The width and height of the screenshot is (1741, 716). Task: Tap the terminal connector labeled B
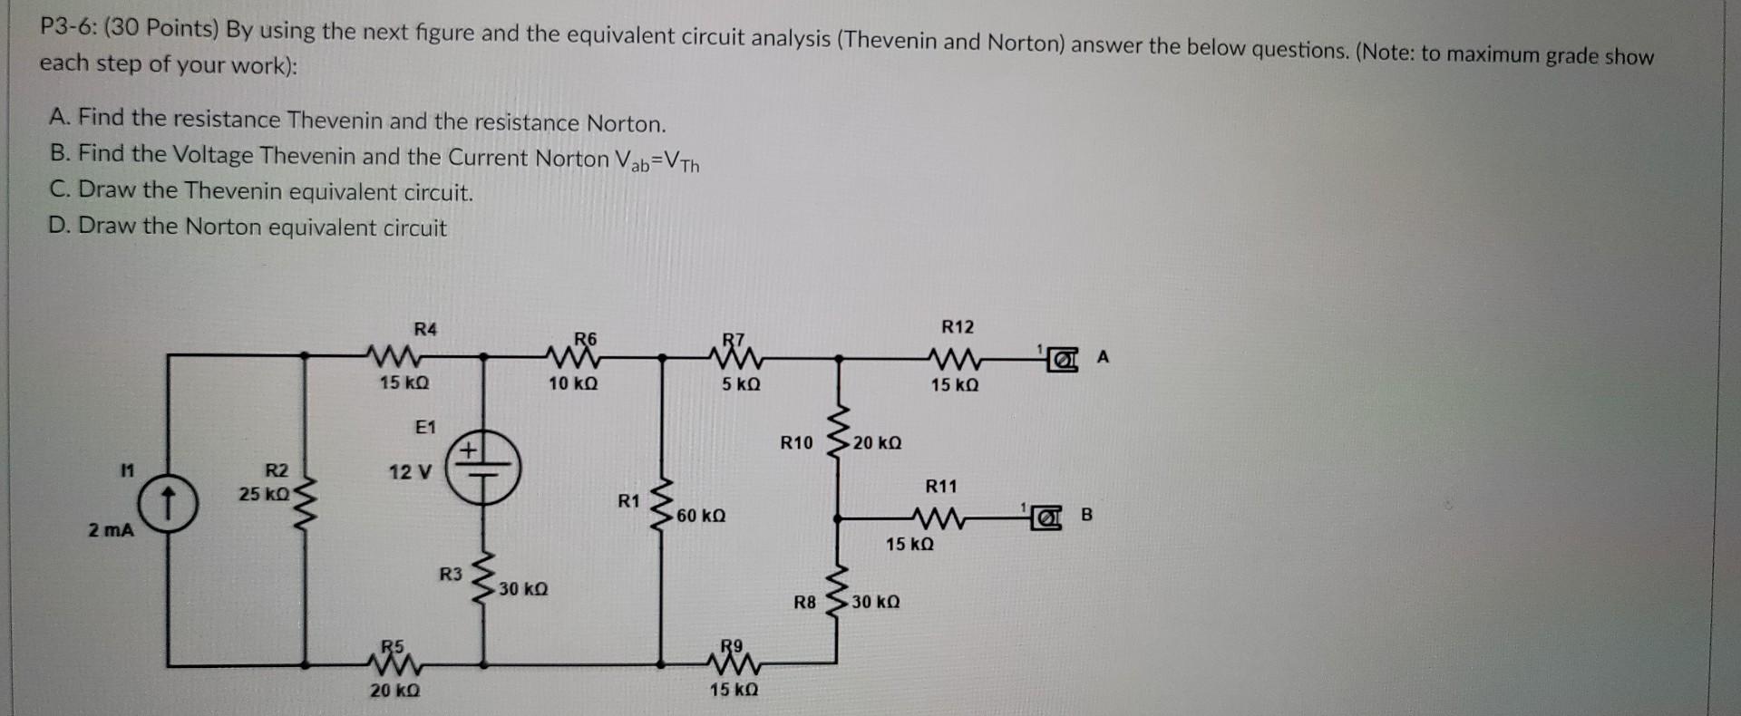[1047, 518]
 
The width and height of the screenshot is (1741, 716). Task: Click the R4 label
[424, 329]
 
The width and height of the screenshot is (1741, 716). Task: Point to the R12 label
[957, 326]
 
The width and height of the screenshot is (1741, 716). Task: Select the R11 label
[940, 487]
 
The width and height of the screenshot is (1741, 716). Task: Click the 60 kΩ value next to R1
[701, 516]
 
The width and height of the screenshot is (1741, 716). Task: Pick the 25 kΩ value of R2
[264, 494]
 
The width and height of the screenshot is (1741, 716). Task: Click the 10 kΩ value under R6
[573, 383]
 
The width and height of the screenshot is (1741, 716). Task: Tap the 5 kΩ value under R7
[741, 384]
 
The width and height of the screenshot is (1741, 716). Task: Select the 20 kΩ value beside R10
[877, 443]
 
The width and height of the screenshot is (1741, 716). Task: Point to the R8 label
[804, 602]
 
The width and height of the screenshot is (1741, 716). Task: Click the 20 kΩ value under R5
[394, 691]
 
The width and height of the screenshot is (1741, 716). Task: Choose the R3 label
[451, 574]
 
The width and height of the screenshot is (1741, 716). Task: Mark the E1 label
[424, 427]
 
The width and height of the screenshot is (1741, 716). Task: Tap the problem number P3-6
[67, 28]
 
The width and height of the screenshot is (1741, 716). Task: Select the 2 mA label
[111, 530]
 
